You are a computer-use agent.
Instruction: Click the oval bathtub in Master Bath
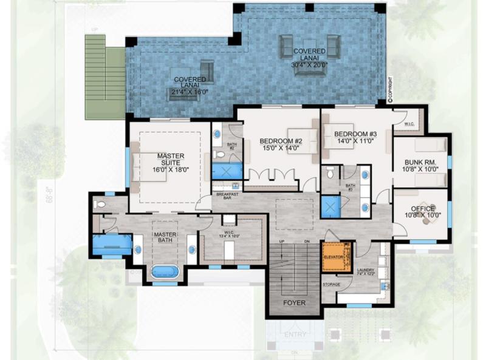coord(165,271)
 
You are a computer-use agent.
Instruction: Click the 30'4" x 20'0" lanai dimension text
coord(309,64)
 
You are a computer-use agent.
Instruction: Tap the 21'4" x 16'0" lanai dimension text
coord(189,92)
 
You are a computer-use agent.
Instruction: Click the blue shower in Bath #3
coord(329,207)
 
